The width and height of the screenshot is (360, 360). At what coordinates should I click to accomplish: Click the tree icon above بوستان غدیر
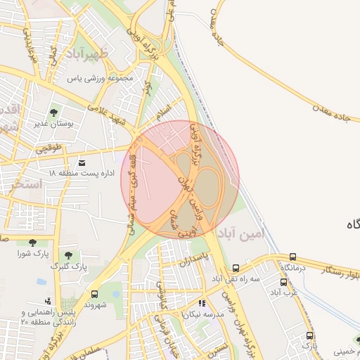pos(54,112)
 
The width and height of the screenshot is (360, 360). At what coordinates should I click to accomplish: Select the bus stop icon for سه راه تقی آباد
pos(236,268)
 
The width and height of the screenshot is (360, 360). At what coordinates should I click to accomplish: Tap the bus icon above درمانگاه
pos(292,257)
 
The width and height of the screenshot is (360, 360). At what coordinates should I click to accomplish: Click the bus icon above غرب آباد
pos(284,282)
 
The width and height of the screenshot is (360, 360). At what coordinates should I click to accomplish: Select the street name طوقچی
pos(49,149)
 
